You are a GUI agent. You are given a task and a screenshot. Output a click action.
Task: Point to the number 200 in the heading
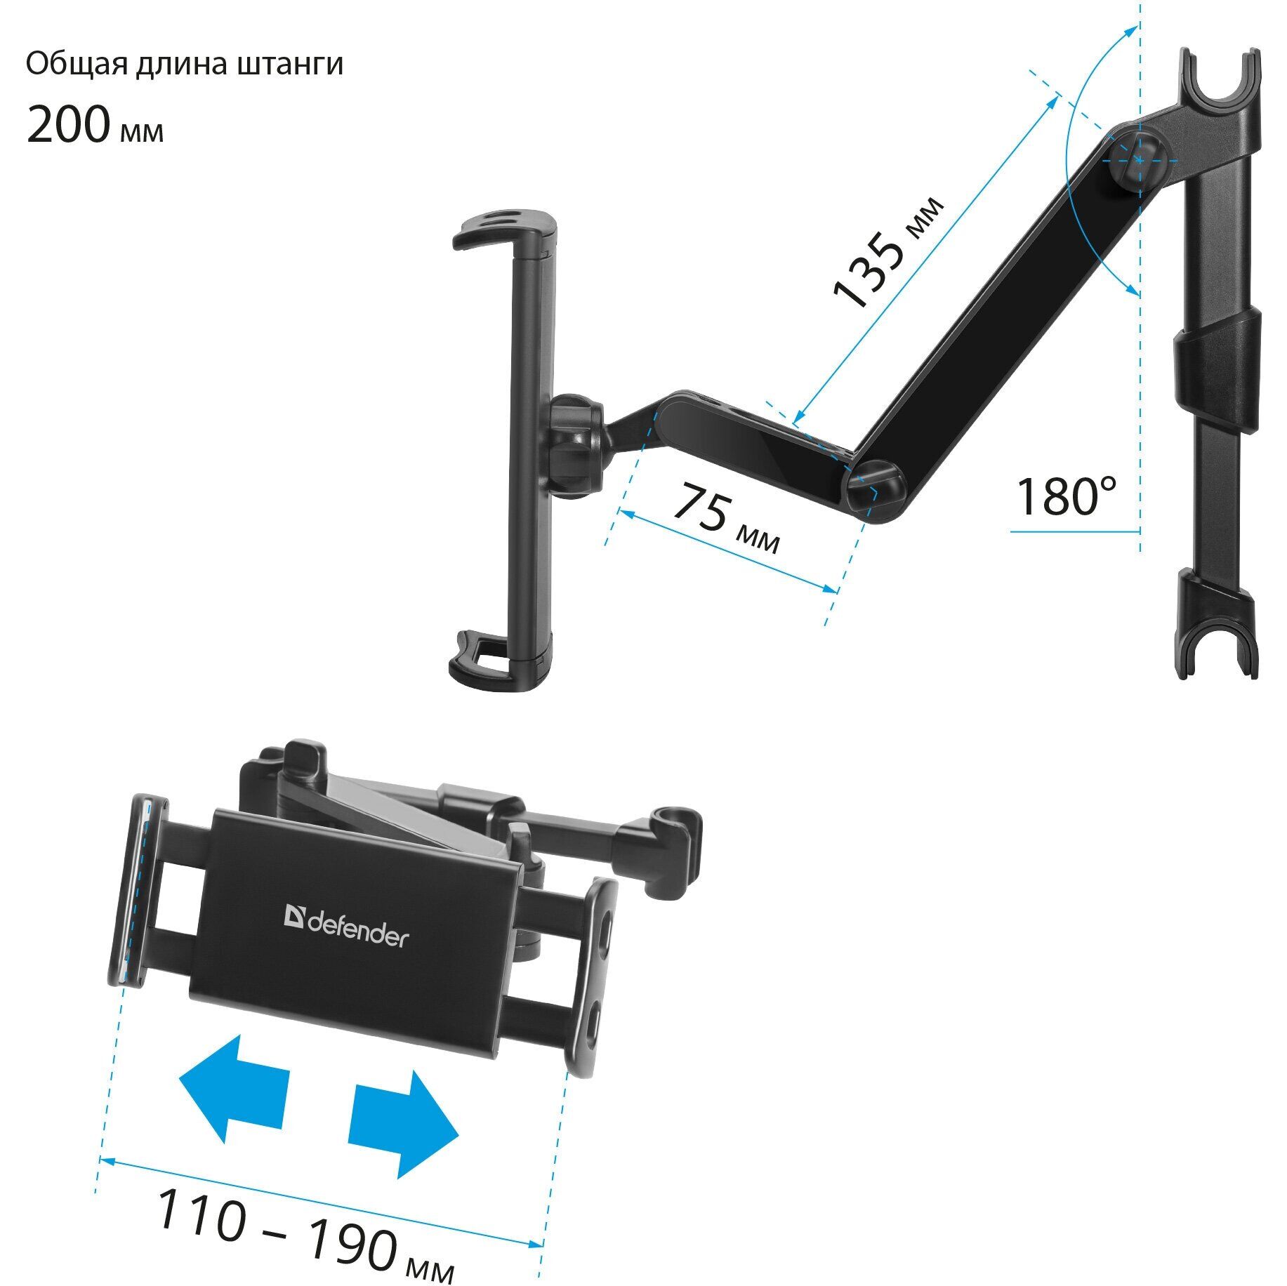68,125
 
